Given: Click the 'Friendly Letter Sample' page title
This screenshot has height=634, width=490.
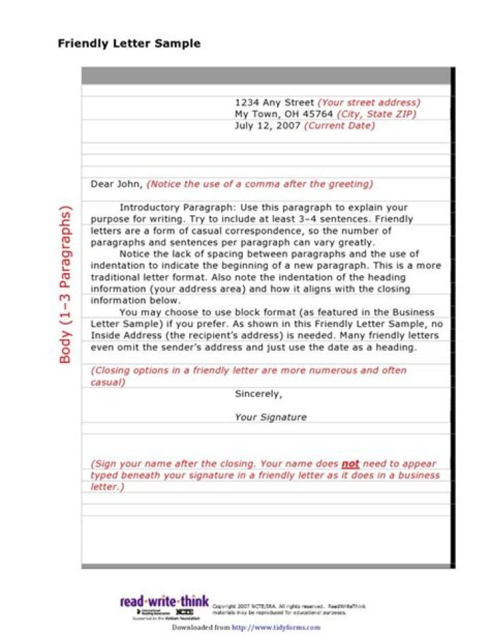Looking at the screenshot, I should pos(129,44).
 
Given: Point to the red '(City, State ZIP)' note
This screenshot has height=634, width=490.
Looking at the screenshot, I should pos(376,114).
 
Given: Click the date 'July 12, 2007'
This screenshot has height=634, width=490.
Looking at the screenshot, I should pos(267,126).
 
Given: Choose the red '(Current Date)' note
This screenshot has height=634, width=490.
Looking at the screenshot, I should pos(339,126).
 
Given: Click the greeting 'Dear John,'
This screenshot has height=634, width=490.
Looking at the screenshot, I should pos(116,184).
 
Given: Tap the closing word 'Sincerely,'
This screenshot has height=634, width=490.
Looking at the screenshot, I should pos(258,394).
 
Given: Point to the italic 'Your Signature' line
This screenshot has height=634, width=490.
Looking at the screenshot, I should pos(271,417).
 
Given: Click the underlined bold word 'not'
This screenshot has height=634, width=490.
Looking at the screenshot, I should pos(350,464).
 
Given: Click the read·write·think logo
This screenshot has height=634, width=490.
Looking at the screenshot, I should pos(164,601).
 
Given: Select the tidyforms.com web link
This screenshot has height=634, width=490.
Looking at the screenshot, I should pos(276,627).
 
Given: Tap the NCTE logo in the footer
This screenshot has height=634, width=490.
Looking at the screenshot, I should pos(184,612).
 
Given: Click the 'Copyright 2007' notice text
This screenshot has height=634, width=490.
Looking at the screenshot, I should pos(235,606).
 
